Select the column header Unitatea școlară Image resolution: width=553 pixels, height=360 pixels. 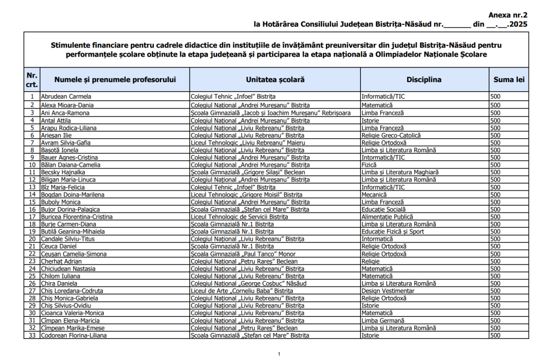coord(275,79)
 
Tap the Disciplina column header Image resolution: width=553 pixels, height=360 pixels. coord(424,79)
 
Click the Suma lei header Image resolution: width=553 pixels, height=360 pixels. coord(509,79)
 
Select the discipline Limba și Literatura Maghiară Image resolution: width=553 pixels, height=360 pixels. coord(400,172)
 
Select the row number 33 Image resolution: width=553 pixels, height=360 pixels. coord(32,335)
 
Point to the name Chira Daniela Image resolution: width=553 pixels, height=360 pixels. coord(59,283)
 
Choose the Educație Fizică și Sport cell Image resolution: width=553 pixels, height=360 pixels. coord(393,232)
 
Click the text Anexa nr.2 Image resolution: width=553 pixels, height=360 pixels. coord(508,16)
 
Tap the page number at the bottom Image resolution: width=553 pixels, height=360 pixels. coord(279,354)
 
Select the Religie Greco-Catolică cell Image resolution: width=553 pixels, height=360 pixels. coord(391,135)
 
